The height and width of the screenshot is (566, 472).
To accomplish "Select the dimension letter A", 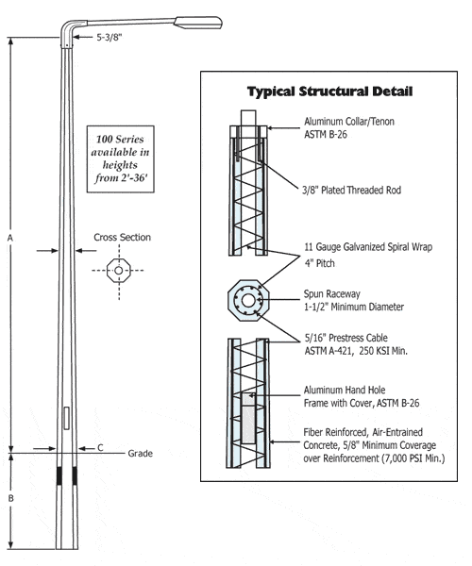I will click(x=8, y=240).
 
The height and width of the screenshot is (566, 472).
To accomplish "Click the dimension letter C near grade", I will click(x=100, y=449).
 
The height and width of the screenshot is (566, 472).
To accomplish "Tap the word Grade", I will click(x=140, y=454).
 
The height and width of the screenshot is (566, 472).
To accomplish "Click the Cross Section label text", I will click(x=122, y=237).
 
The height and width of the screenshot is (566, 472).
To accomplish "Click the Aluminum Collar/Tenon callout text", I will click(x=349, y=128).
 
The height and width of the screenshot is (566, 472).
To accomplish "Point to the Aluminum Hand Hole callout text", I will click(x=361, y=394).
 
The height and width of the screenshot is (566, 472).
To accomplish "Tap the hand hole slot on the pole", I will click(x=65, y=418).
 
